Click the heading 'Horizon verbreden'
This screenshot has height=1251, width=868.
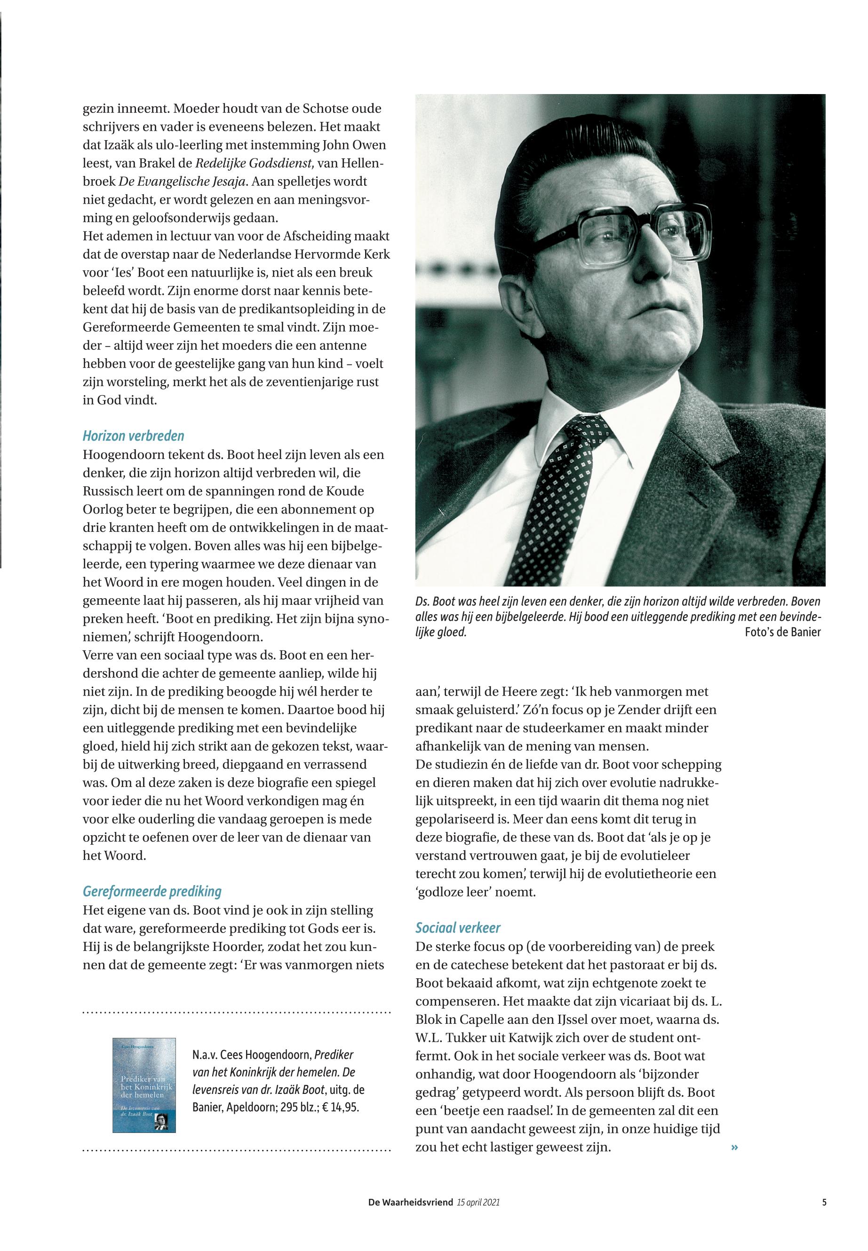[x=133, y=436]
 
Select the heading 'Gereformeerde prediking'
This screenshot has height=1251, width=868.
[x=152, y=891]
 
